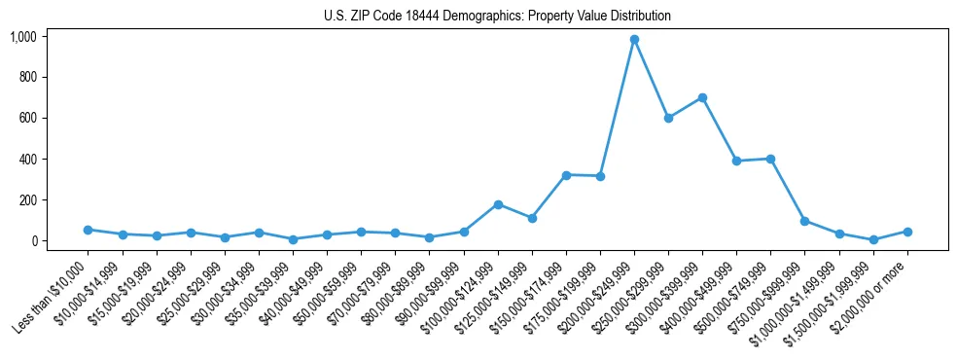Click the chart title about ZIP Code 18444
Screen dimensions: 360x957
coord(498,17)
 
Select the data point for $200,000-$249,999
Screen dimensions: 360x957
coord(634,40)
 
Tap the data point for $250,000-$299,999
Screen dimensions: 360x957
coord(668,118)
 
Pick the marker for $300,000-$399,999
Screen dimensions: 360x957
coord(702,97)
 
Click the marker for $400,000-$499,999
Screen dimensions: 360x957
coord(736,161)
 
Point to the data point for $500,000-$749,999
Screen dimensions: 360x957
coord(770,159)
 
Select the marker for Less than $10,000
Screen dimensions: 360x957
coord(88,230)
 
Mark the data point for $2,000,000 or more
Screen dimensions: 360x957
coord(907,232)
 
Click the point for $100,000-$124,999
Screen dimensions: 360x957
coord(498,204)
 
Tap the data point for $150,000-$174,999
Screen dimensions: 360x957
coord(566,175)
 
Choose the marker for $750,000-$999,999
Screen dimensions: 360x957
coord(804,221)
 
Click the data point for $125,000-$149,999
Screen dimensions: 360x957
coord(532,218)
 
